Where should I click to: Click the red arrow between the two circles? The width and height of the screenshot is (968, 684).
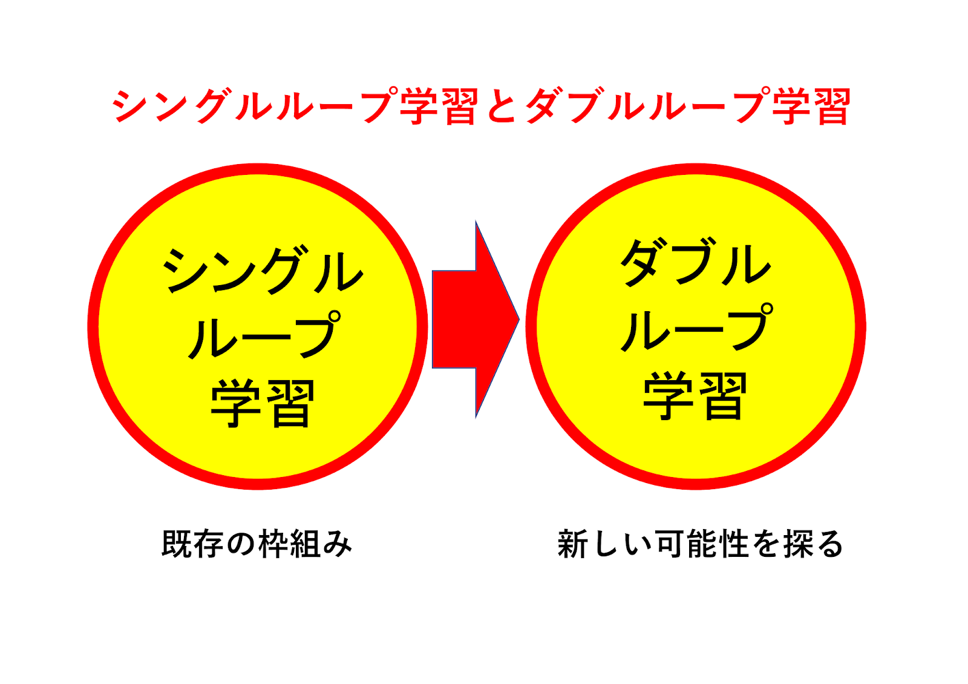tap(472, 319)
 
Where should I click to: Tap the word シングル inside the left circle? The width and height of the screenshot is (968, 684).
tap(262, 271)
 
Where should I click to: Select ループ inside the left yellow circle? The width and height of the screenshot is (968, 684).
tap(264, 335)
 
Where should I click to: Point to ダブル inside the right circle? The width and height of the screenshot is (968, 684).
tap(696, 263)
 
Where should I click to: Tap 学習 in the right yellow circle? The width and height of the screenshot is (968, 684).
tap(695, 396)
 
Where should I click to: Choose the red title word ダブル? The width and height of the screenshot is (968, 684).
tap(587, 107)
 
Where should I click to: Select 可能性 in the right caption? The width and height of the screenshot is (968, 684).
tap(702, 543)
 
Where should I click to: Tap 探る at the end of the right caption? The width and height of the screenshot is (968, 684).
tap(813, 543)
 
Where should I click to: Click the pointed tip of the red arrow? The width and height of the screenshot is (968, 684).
tap(517, 319)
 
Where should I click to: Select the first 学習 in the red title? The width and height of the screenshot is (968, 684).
tap(439, 107)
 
